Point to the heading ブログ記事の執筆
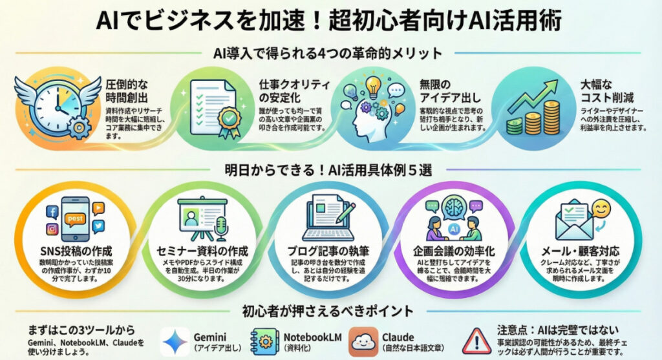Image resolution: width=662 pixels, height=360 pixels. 331,250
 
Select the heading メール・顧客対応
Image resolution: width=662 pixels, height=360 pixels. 584,250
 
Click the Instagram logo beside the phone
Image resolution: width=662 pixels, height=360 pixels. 51,229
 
